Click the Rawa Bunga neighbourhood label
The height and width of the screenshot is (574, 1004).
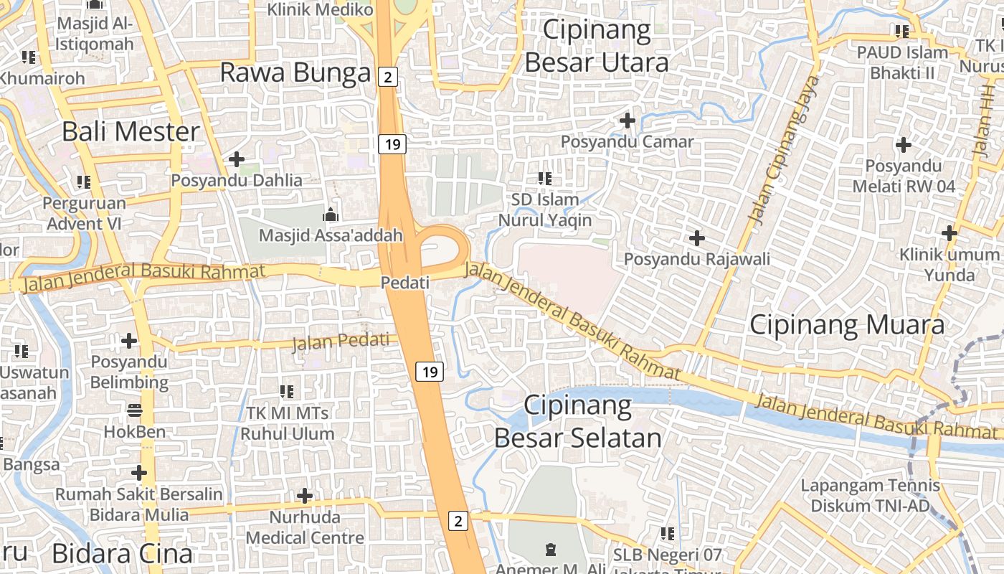[x=295, y=72]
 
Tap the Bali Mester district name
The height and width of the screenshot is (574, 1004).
[x=131, y=131]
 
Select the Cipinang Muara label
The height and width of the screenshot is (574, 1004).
[x=847, y=325]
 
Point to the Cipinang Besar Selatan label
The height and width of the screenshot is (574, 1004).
[x=578, y=421]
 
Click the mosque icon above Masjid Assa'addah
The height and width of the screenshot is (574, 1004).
[x=330, y=214]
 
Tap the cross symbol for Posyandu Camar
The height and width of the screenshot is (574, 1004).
[x=627, y=121]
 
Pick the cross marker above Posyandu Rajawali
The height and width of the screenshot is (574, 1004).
[x=696, y=237]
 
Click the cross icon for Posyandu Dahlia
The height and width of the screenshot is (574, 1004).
[x=237, y=159]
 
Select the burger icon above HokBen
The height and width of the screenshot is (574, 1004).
[x=135, y=410]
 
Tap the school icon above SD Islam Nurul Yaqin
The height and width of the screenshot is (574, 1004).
[x=545, y=177]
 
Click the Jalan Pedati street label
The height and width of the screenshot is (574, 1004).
[x=345, y=342]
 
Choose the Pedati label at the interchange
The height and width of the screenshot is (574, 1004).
[x=405, y=283]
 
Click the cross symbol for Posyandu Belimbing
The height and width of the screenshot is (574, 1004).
[x=129, y=340]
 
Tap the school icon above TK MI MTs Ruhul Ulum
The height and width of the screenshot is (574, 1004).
[x=287, y=391]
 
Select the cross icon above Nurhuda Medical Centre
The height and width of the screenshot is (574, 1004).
[x=305, y=495]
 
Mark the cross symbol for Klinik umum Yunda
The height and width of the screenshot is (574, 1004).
[x=949, y=232]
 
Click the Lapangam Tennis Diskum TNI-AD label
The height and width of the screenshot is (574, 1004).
[x=870, y=496]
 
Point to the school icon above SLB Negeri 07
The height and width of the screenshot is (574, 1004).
[x=668, y=533]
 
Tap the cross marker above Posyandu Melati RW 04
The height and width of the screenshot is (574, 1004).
[x=904, y=145]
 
